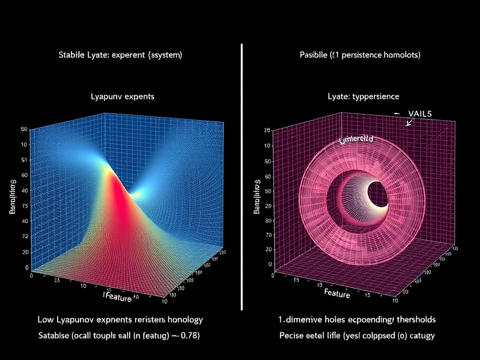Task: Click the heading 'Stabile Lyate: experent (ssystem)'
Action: pos(120,55)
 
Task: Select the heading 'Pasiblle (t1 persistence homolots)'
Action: pos(360,55)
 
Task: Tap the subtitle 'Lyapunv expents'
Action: pos(122,97)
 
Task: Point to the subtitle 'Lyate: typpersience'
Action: pos(363,97)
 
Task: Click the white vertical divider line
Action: pos(241,178)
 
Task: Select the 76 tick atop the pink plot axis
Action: pos(267,131)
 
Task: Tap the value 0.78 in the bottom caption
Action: pos(190,336)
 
